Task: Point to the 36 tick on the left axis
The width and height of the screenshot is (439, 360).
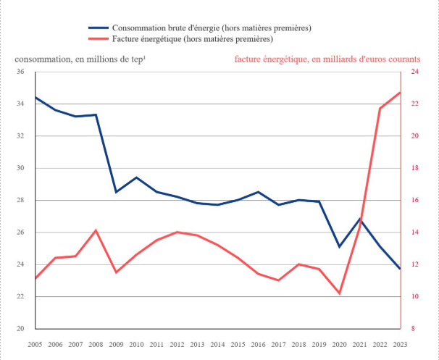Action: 20,72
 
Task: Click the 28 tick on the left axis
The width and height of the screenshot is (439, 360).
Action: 20,200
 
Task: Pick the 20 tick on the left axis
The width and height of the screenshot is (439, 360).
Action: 20,328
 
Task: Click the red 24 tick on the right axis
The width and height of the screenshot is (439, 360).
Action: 414,72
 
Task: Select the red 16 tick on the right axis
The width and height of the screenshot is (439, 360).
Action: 414,200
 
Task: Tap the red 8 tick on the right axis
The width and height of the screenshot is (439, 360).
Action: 414,328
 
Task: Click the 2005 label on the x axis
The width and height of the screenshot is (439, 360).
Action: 35,344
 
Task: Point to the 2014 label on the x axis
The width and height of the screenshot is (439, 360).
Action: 217,344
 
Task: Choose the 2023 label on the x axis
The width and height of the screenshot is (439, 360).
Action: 400,344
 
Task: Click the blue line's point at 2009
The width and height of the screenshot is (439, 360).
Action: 116,192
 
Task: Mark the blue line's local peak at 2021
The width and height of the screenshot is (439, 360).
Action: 359,219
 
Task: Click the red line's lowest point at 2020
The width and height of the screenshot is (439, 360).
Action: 339,293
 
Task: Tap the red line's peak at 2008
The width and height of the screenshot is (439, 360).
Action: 96,230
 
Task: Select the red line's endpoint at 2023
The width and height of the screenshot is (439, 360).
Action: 400,93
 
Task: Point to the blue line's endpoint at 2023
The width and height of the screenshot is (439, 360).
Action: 400,269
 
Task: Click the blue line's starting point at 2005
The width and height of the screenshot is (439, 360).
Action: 35,97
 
